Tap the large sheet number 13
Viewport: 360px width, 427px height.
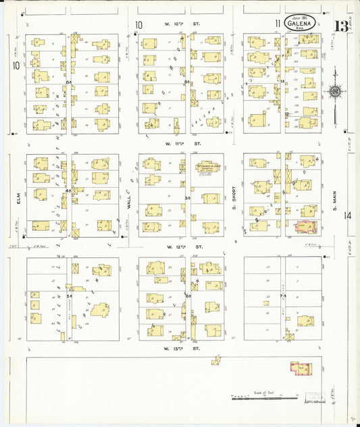pos(341,27)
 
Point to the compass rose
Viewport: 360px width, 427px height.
pos(334,91)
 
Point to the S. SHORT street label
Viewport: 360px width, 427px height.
pos(232,197)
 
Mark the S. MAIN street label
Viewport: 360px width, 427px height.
pos(334,197)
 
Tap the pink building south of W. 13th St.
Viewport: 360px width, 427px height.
pos(301,368)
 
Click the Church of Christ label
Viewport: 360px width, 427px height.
pos(205,166)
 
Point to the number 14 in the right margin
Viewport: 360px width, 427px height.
pos(347,216)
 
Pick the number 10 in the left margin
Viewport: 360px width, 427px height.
pos(14,66)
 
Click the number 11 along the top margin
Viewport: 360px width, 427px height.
pos(278,24)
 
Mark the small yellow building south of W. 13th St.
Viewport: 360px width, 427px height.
pos(215,361)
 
